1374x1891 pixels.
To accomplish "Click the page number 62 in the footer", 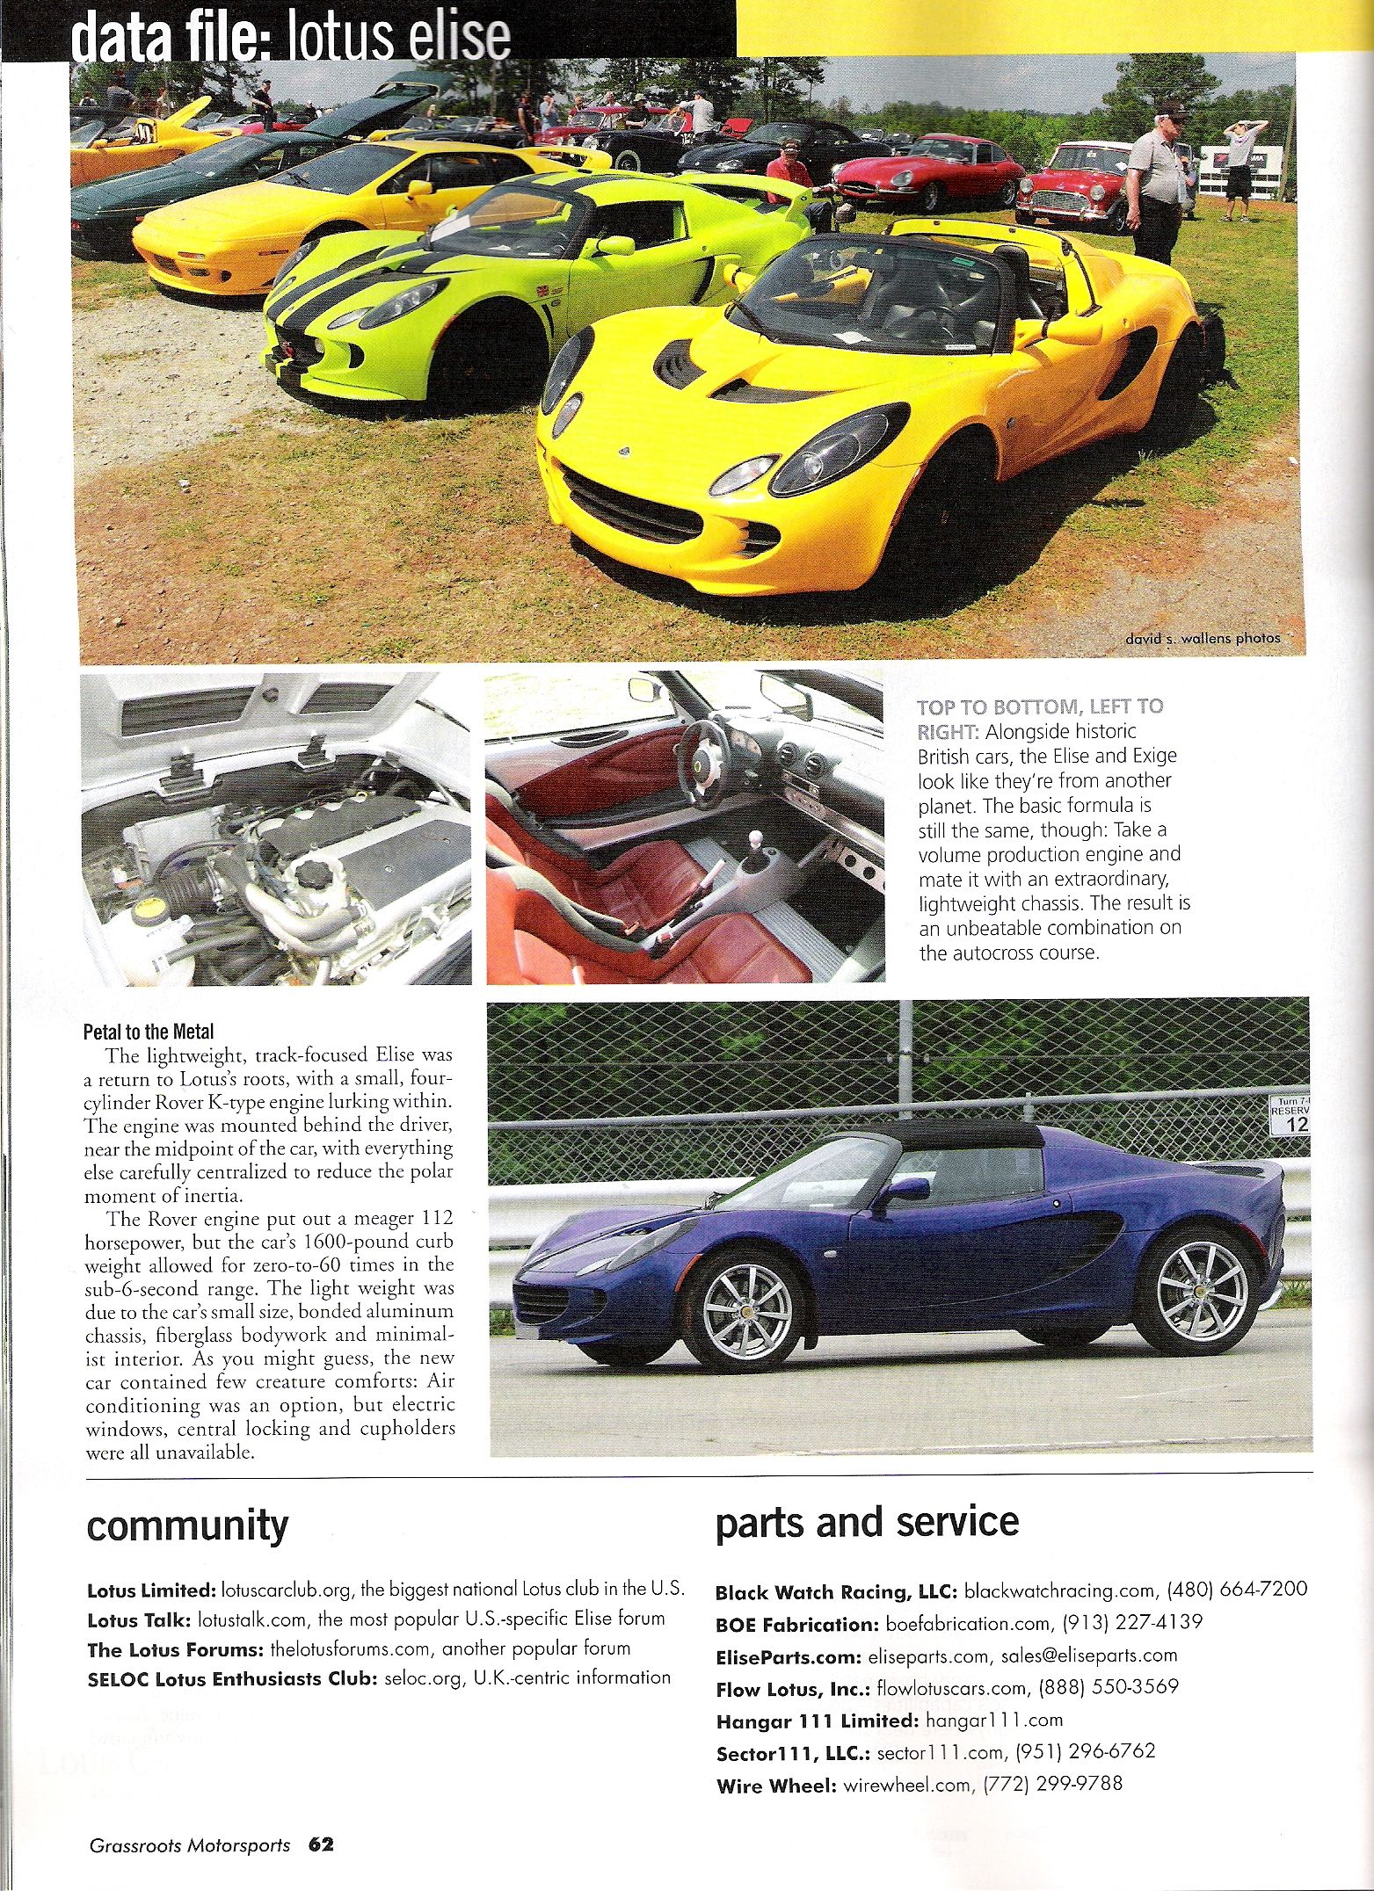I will (321, 1844).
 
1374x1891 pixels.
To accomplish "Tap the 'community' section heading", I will (187, 1525).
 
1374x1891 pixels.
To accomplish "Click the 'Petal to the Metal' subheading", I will (149, 1032).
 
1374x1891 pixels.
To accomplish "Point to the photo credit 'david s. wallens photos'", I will (1202, 638).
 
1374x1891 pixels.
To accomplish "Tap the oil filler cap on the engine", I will (317, 873).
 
